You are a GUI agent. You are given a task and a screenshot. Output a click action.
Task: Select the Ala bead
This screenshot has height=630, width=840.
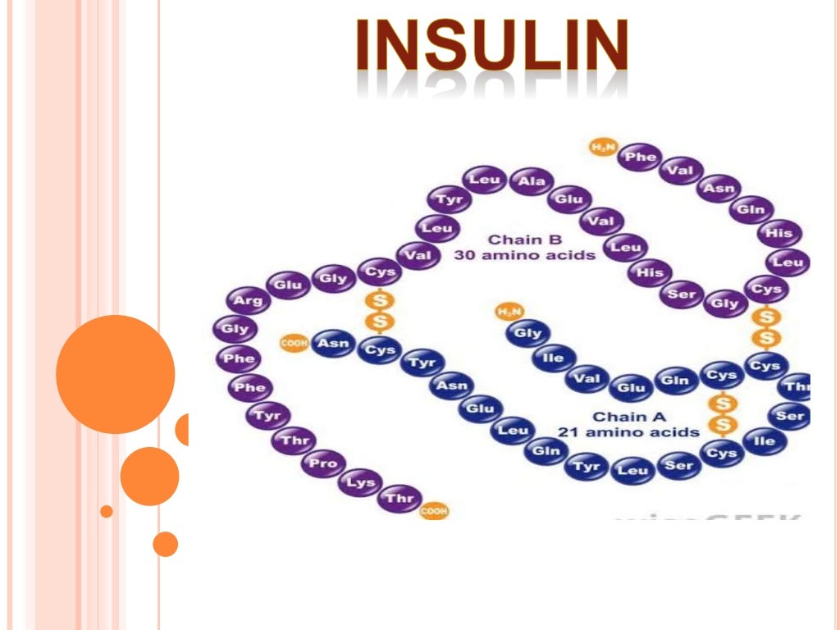coord(531,182)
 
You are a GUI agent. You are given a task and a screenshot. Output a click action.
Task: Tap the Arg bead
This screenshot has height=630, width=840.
coord(248,300)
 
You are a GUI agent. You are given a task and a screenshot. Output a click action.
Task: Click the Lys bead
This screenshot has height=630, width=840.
coord(360,482)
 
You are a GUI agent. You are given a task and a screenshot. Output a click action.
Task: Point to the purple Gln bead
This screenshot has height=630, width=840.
coord(750,209)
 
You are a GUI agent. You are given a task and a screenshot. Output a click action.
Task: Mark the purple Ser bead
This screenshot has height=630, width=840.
coord(682,293)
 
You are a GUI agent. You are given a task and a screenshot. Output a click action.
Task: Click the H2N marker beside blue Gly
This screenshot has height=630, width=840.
coord(509,312)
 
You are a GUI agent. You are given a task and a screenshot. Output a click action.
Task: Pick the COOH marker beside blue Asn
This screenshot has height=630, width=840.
coord(294,344)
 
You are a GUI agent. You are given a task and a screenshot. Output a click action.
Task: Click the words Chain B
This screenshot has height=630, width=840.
coord(515,240)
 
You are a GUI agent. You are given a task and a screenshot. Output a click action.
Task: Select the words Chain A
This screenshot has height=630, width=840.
coord(619,417)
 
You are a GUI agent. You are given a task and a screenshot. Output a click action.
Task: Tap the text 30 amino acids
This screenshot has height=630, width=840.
coord(525,255)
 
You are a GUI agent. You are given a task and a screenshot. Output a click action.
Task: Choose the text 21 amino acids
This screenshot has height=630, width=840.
coord(629,432)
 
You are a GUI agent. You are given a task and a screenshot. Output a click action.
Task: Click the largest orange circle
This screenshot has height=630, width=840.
coord(116,374)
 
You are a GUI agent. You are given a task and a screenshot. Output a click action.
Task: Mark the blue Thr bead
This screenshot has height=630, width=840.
coord(796,386)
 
